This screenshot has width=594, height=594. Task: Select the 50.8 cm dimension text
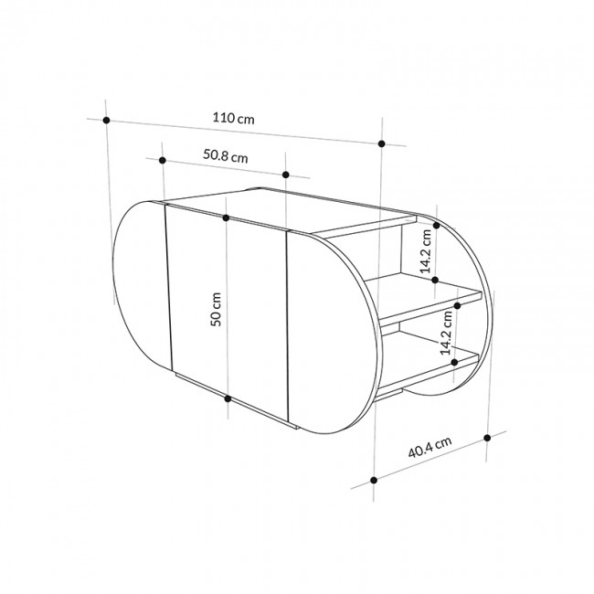[x=225, y=155]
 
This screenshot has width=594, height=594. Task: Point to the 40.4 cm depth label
[x=430, y=448]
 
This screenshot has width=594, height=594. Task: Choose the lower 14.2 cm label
[x=447, y=331]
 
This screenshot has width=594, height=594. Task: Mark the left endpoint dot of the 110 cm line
[x=107, y=120]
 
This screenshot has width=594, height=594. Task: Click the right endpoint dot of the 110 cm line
[x=381, y=144]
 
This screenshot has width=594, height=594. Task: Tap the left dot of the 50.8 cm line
[x=162, y=160]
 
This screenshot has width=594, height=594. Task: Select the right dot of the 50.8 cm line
[x=286, y=174]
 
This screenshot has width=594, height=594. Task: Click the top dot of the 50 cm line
[x=226, y=217]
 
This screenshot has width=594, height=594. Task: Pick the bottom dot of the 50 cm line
[x=226, y=398]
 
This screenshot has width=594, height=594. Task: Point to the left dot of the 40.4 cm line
[x=374, y=479]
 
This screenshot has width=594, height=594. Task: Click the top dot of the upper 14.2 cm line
[x=436, y=224]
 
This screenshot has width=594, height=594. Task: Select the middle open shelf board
[x=430, y=302]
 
